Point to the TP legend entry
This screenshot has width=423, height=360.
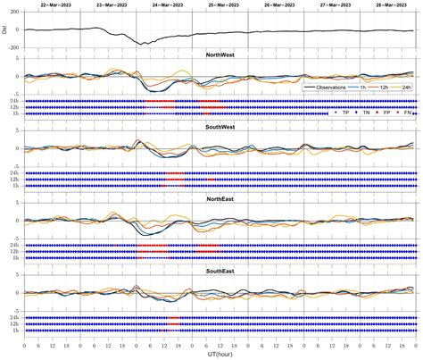pos(344,113)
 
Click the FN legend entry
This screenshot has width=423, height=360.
pos(410,113)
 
